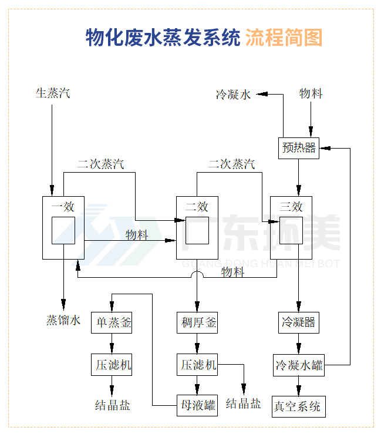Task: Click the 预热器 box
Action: tap(298, 147)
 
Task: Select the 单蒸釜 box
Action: tap(112, 323)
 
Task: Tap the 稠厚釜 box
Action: tap(197, 323)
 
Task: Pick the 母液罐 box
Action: tap(197, 405)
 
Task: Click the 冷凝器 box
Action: tap(298, 323)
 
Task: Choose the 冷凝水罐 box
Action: tap(299, 365)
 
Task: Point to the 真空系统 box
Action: tap(298, 406)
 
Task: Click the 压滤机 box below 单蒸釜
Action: tap(112, 365)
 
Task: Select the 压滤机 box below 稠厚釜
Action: tap(197, 365)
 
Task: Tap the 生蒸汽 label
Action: tap(53, 93)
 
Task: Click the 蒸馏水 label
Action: tap(63, 321)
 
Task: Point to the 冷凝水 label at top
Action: tap(233, 94)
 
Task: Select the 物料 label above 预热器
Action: tap(311, 93)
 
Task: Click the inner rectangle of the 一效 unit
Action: tap(63, 230)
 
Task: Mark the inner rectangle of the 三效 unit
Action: tap(291, 230)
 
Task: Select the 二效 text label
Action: tap(197, 207)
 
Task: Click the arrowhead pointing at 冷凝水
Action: tap(262, 93)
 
